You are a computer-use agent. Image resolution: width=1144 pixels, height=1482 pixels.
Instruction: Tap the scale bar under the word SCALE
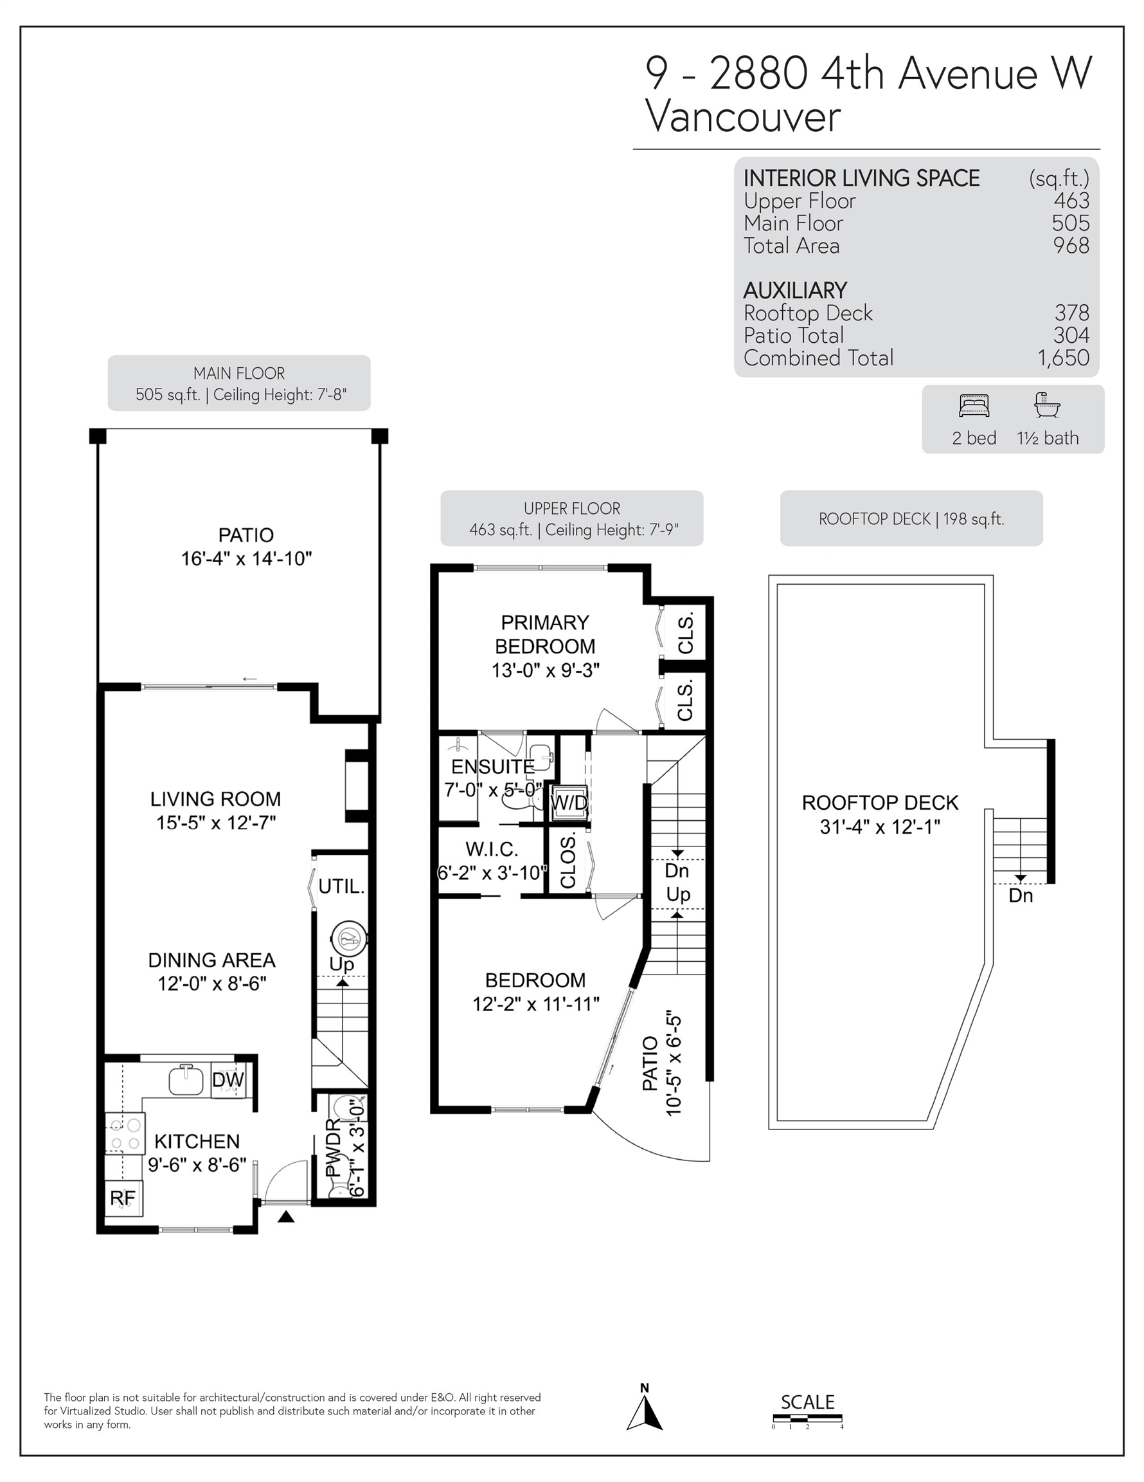tap(807, 1418)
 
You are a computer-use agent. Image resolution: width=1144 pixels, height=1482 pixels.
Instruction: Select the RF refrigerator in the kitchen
tap(123, 1198)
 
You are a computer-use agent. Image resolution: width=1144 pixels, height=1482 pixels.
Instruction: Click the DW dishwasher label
tap(228, 1079)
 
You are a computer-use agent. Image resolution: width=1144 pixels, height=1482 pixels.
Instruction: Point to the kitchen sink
tap(186, 1079)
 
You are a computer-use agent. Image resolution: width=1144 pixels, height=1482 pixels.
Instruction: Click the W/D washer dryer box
tap(569, 803)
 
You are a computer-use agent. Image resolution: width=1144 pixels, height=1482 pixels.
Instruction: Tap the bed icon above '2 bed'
tap(974, 406)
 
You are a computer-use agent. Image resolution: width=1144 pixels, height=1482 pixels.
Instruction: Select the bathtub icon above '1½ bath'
tap(1047, 405)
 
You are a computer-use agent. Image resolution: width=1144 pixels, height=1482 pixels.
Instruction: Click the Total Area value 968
tap(1071, 246)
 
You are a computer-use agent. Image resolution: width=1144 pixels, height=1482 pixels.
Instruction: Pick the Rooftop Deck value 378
tap(1071, 313)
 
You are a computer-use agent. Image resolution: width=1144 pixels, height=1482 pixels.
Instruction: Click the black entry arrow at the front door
tap(286, 1217)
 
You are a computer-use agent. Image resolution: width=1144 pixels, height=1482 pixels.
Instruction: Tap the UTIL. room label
tap(342, 886)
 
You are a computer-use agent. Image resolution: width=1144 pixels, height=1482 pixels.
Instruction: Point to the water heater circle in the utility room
tap(348, 940)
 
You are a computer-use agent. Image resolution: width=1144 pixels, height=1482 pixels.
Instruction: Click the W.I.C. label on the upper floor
tap(492, 849)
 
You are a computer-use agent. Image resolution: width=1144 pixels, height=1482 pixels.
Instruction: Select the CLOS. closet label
tap(568, 861)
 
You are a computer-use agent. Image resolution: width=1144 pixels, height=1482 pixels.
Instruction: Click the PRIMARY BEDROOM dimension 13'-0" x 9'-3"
tap(545, 670)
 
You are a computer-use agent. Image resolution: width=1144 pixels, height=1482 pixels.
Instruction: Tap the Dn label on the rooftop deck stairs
tap(1021, 896)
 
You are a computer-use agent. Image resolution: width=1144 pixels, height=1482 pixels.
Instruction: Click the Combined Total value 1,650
tap(1063, 358)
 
